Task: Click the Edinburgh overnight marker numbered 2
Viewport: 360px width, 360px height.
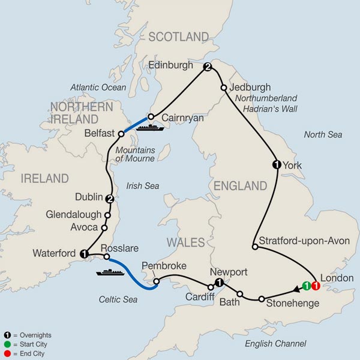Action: (x=208, y=67)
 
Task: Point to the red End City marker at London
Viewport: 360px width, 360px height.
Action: (x=316, y=286)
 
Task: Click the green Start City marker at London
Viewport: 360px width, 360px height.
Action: (x=307, y=286)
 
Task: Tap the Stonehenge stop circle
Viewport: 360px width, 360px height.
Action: (x=262, y=299)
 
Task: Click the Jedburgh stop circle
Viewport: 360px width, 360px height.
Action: (x=224, y=88)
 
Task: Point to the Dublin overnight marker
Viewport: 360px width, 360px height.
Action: (x=109, y=199)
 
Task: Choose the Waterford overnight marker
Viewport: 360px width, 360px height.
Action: (x=83, y=254)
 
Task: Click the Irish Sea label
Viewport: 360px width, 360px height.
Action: (x=143, y=187)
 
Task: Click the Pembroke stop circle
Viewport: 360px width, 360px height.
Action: (x=155, y=281)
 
